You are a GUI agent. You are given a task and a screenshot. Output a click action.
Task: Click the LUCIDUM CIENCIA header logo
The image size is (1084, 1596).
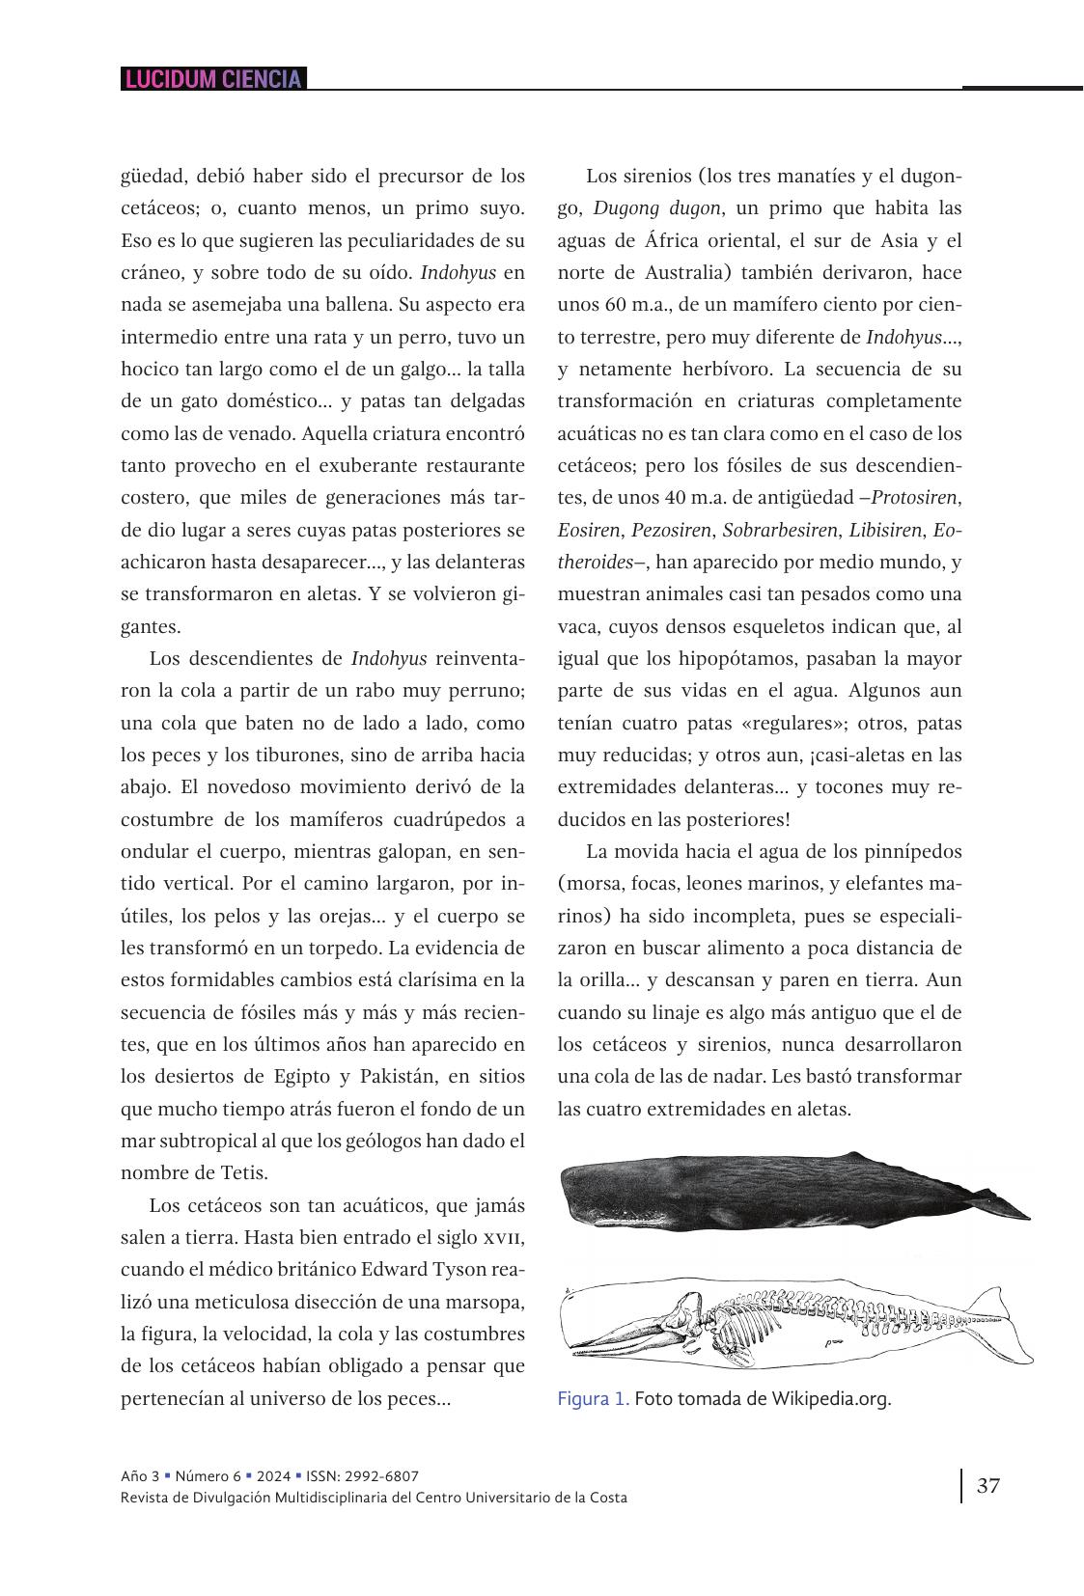click(x=212, y=79)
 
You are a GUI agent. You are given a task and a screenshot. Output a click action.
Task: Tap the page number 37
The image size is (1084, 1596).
click(x=987, y=1485)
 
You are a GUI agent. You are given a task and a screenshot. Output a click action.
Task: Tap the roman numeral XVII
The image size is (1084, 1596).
click(x=501, y=1238)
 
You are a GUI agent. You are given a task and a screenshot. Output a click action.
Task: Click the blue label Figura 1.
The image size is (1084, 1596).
click(x=593, y=1398)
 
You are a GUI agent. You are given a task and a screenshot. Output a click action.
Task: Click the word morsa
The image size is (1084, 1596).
click(x=597, y=884)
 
